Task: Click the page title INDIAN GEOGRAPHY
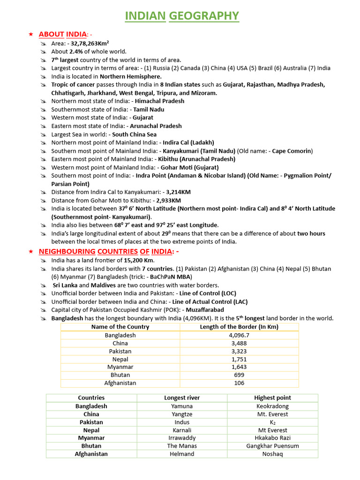(x=182, y=16)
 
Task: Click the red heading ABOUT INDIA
(x=63, y=34)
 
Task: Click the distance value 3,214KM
(x=178, y=192)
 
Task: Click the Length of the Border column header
(x=239, y=327)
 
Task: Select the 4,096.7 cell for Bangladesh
(x=239, y=335)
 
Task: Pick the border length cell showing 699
(x=239, y=375)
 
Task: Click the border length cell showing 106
(x=239, y=383)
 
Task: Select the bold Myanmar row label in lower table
(x=91, y=438)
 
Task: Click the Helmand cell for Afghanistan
(x=182, y=454)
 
